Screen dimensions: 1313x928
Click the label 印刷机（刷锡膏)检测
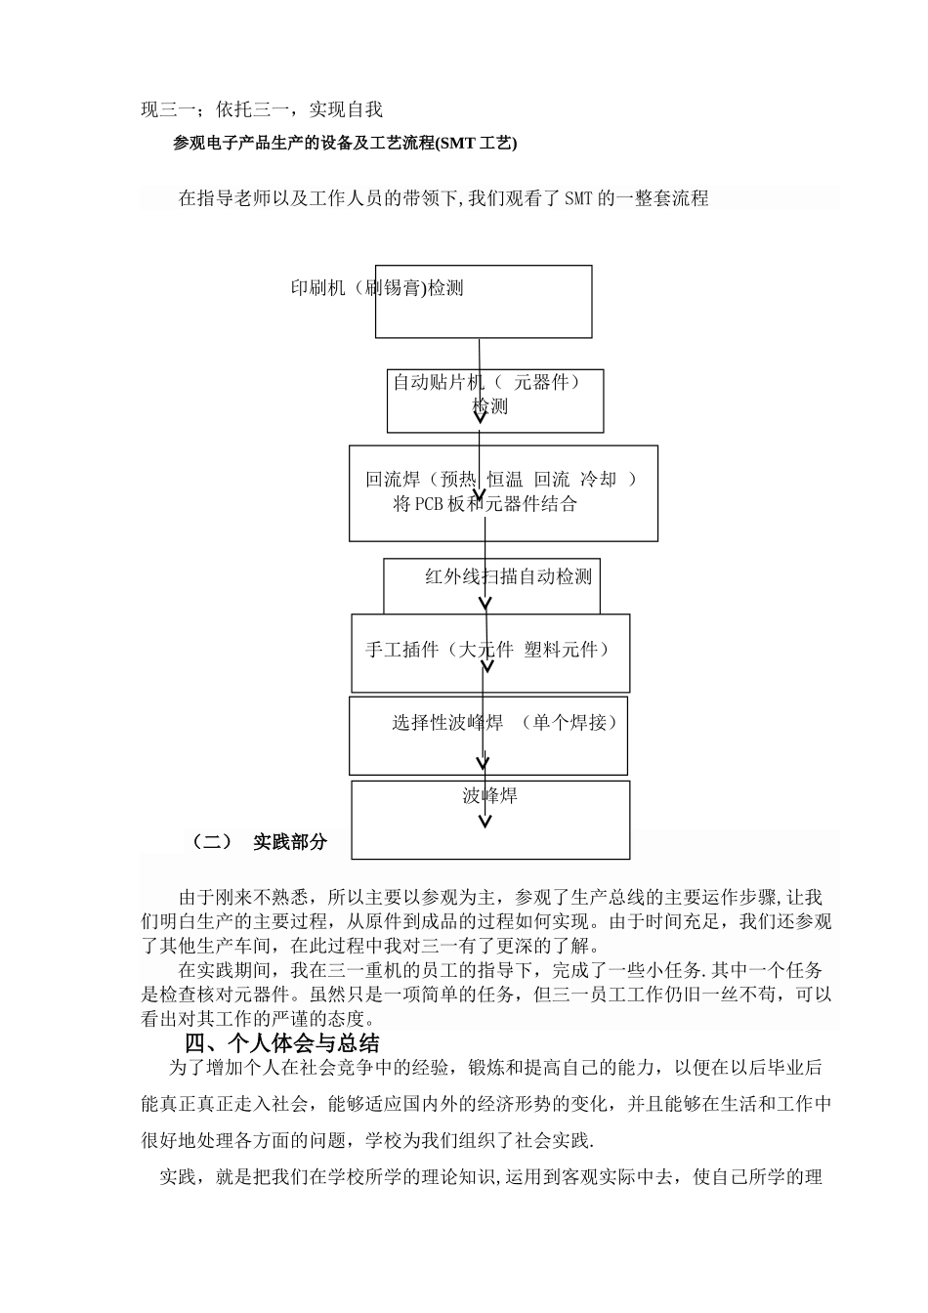377,288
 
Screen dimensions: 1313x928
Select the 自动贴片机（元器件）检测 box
494,401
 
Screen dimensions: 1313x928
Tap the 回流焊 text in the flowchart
393,480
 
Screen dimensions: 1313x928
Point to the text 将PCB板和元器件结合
485,504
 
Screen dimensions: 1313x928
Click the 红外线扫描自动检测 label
508,576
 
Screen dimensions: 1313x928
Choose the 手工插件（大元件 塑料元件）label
487,650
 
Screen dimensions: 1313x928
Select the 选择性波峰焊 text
447,723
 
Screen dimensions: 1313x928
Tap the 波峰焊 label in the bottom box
489,795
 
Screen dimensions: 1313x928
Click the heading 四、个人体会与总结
282,1042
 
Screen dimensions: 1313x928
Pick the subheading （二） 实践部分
259,841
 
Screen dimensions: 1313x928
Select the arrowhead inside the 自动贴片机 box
480,416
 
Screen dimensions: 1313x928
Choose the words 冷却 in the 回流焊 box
599,480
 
